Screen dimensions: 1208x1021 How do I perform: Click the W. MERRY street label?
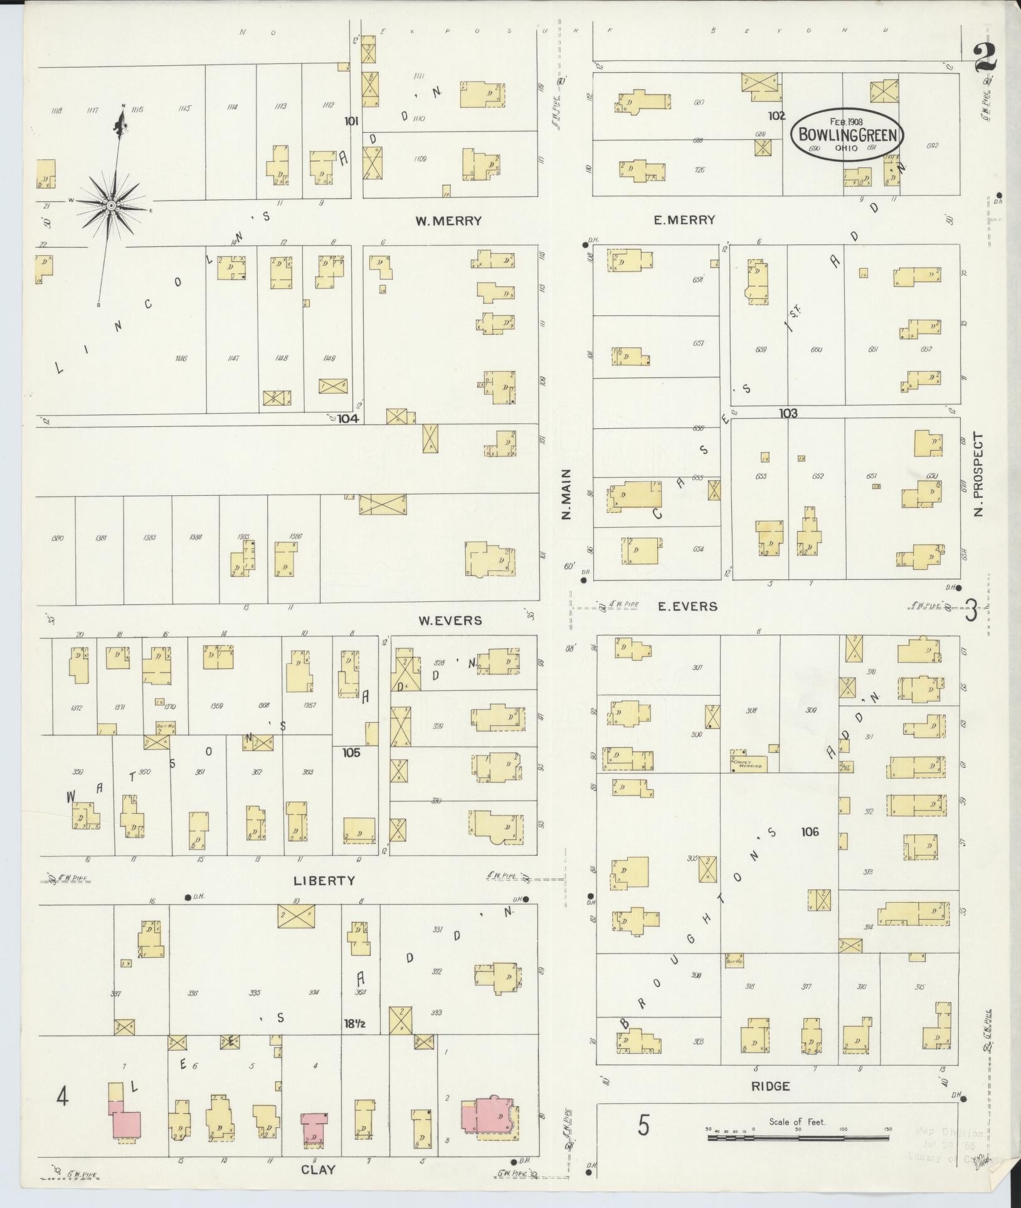pyautogui.click(x=448, y=221)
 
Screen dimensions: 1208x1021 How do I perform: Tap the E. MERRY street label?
pyautogui.click(x=684, y=220)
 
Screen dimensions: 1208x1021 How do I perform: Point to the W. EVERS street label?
pyautogui.click(x=450, y=621)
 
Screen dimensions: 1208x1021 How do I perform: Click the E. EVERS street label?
pyautogui.click(x=687, y=606)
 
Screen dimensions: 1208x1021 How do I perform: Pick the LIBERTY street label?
pyautogui.click(x=324, y=880)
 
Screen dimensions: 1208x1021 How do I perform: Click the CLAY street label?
pyautogui.click(x=318, y=1169)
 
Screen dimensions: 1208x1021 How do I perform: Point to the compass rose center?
pyautogui.click(x=111, y=206)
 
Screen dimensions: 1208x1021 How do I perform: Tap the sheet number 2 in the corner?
pyautogui.click(x=986, y=60)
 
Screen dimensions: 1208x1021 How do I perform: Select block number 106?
pyautogui.click(x=810, y=832)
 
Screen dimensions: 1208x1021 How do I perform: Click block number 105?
pyautogui.click(x=351, y=752)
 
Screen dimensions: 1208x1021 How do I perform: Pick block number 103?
pyautogui.click(x=788, y=413)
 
